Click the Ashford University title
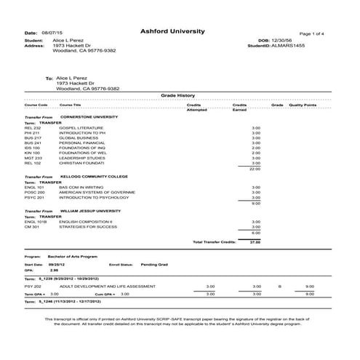(172, 31)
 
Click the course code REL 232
(33, 127)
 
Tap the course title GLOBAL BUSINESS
(77, 137)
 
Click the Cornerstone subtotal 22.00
(255, 169)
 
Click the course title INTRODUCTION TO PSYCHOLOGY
(91, 196)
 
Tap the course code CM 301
(31, 226)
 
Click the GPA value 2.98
(55, 271)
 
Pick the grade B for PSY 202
(279, 287)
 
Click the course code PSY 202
(33, 287)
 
